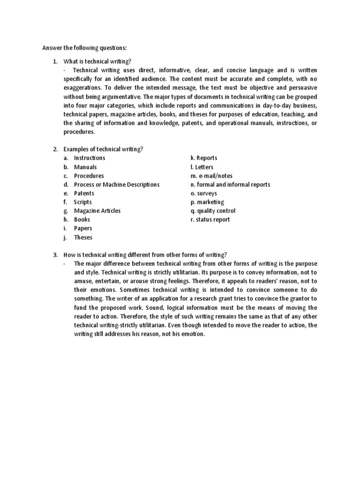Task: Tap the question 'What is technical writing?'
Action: [x=97, y=62]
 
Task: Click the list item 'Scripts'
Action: [x=82, y=202]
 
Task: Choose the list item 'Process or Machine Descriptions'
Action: [x=116, y=185]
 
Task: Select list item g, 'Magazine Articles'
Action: [x=97, y=211]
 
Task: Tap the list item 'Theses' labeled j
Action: [x=83, y=237]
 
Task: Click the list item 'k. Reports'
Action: [x=204, y=158]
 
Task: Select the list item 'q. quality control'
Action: [x=213, y=211]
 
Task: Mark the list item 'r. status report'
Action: [x=210, y=219]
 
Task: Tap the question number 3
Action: [x=55, y=255]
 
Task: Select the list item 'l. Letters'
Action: [x=202, y=167]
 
